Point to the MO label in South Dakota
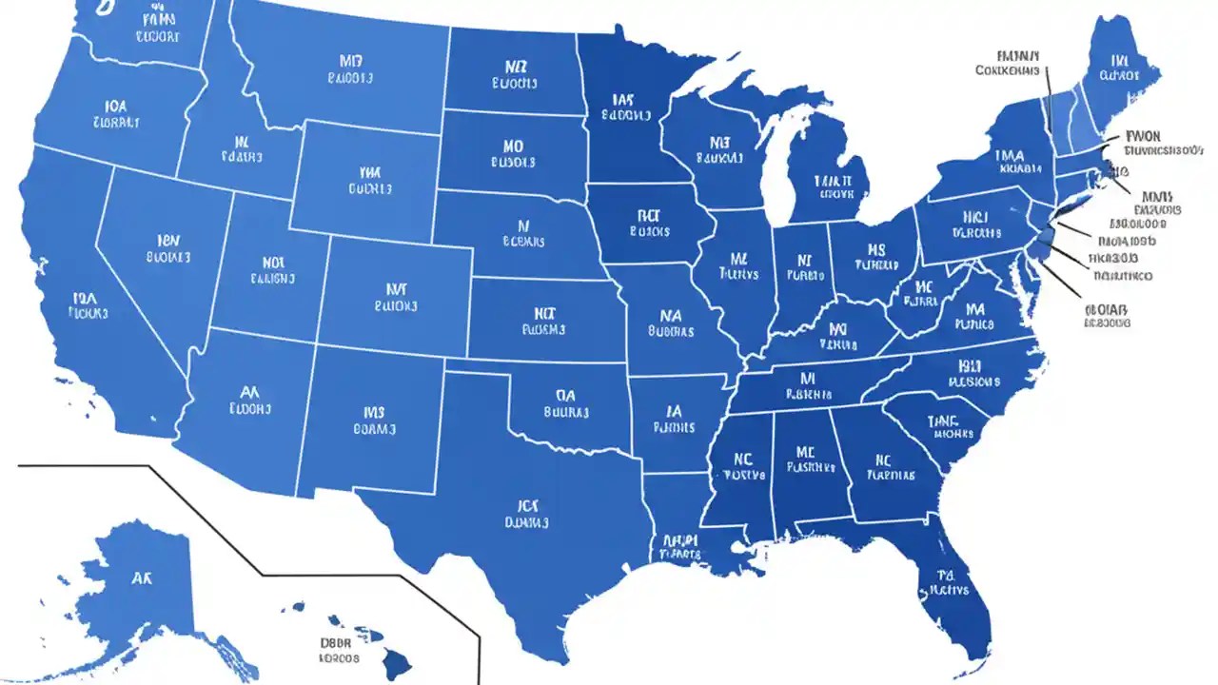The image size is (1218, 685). pos(514,147)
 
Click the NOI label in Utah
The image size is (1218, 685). pos(273,262)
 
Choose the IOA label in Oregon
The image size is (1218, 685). pos(116,107)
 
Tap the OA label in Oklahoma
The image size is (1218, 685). pos(566,394)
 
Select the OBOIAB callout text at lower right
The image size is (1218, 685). pos(1107,308)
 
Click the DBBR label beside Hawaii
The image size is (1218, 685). pos(339,641)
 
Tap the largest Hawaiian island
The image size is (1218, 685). pos(397,661)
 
